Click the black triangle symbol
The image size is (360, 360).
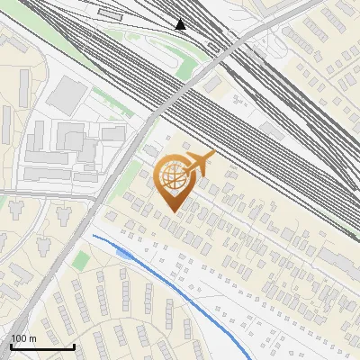tap(182, 24)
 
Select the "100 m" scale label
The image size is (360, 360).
tap(23, 338)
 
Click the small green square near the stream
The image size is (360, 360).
tap(82, 260)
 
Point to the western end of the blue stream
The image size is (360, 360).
tap(93, 236)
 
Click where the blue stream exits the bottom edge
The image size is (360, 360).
tap(250, 358)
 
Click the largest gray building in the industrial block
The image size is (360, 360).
tap(66, 94)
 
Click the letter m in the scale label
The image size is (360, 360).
tap(32, 338)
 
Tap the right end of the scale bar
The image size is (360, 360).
tap(74, 346)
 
